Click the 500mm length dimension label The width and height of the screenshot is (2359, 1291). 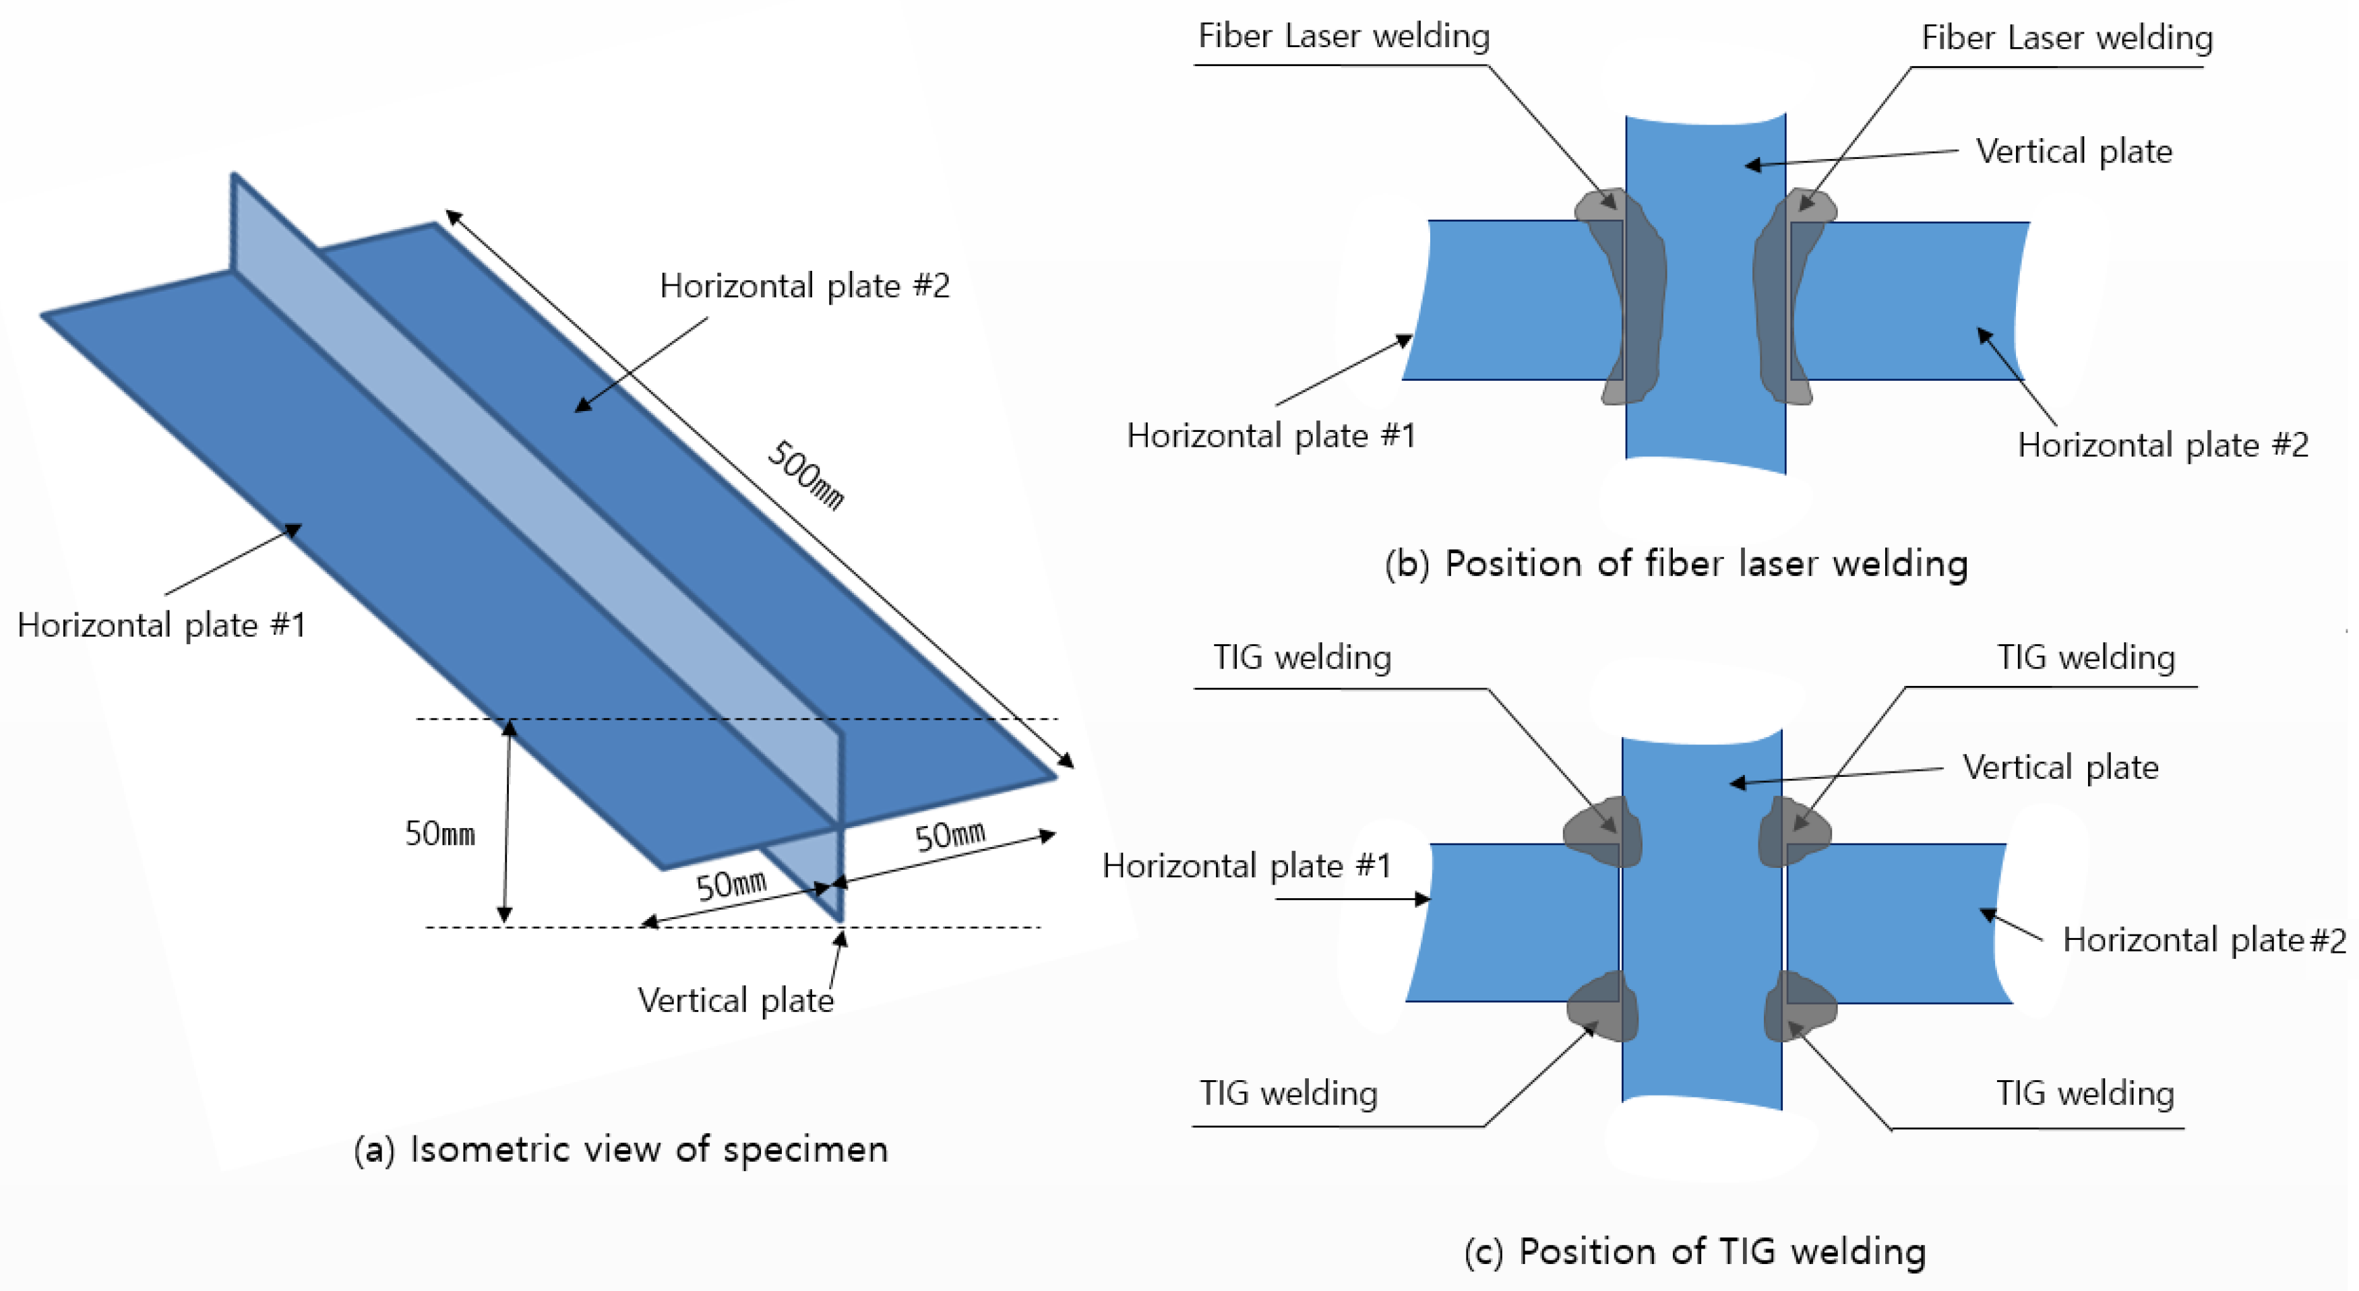coord(804,474)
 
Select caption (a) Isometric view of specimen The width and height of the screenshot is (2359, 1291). coord(621,1149)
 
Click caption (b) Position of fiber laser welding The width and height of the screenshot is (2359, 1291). coord(1676,563)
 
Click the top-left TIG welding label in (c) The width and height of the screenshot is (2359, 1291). coord(1301,658)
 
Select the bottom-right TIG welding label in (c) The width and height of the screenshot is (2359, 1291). coord(2085,1093)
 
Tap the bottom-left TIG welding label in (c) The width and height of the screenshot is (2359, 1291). coord(1289,1093)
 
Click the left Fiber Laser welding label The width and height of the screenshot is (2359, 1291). coord(1343,36)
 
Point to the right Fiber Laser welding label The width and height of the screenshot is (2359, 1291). coord(2067,38)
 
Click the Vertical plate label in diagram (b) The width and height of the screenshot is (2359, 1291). coord(2073,151)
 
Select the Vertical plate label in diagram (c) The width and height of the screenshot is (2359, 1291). coord(2060,767)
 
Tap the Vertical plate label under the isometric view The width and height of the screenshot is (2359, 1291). coord(735,1000)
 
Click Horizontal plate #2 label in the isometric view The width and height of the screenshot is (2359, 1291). coord(804,286)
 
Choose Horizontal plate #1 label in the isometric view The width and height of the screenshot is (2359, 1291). coord(161,625)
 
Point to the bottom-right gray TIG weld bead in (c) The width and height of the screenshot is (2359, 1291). coord(1800,1007)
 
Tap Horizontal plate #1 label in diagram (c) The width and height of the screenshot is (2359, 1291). coord(1246,865)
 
